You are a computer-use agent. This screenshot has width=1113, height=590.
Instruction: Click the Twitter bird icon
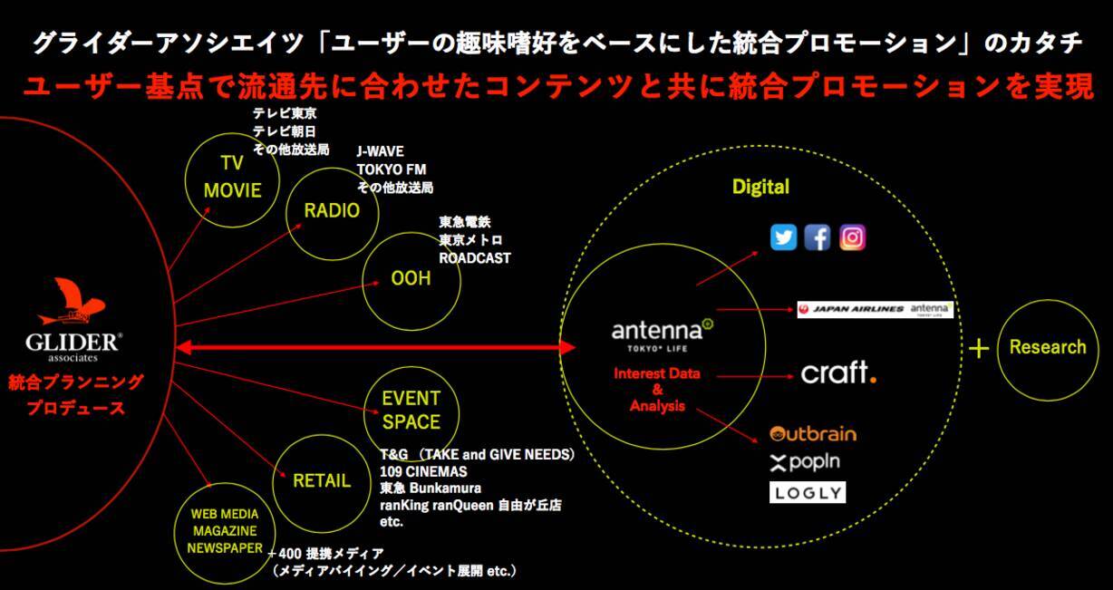click(783, 237)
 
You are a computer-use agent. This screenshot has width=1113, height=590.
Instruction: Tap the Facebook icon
click(818, 237)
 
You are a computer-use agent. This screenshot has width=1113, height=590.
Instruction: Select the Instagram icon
click(852, 237)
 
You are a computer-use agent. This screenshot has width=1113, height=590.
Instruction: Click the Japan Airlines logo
click(851, 309)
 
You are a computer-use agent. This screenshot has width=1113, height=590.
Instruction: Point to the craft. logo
click(838, 372)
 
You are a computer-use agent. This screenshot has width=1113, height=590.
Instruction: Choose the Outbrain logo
click(812, 433)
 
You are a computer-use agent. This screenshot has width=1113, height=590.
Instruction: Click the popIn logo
click(805, 462)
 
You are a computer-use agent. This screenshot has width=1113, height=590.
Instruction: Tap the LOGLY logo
click(807, 493)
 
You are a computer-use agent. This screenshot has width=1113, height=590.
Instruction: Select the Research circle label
click(1047, 347)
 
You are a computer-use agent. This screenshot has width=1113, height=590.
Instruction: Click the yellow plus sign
click(979, 349)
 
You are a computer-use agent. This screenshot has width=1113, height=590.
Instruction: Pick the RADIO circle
click(332, 211)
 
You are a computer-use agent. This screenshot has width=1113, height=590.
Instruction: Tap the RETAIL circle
click(321, 480)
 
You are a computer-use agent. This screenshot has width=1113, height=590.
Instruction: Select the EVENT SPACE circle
click(411, 410)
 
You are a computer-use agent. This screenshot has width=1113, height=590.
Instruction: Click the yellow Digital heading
click(760, 187)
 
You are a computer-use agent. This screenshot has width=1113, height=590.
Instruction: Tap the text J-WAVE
click(380, 151)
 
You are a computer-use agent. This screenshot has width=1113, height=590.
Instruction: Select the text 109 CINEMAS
click(423, 471)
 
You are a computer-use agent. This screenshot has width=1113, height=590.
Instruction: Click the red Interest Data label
click(657, 373)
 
